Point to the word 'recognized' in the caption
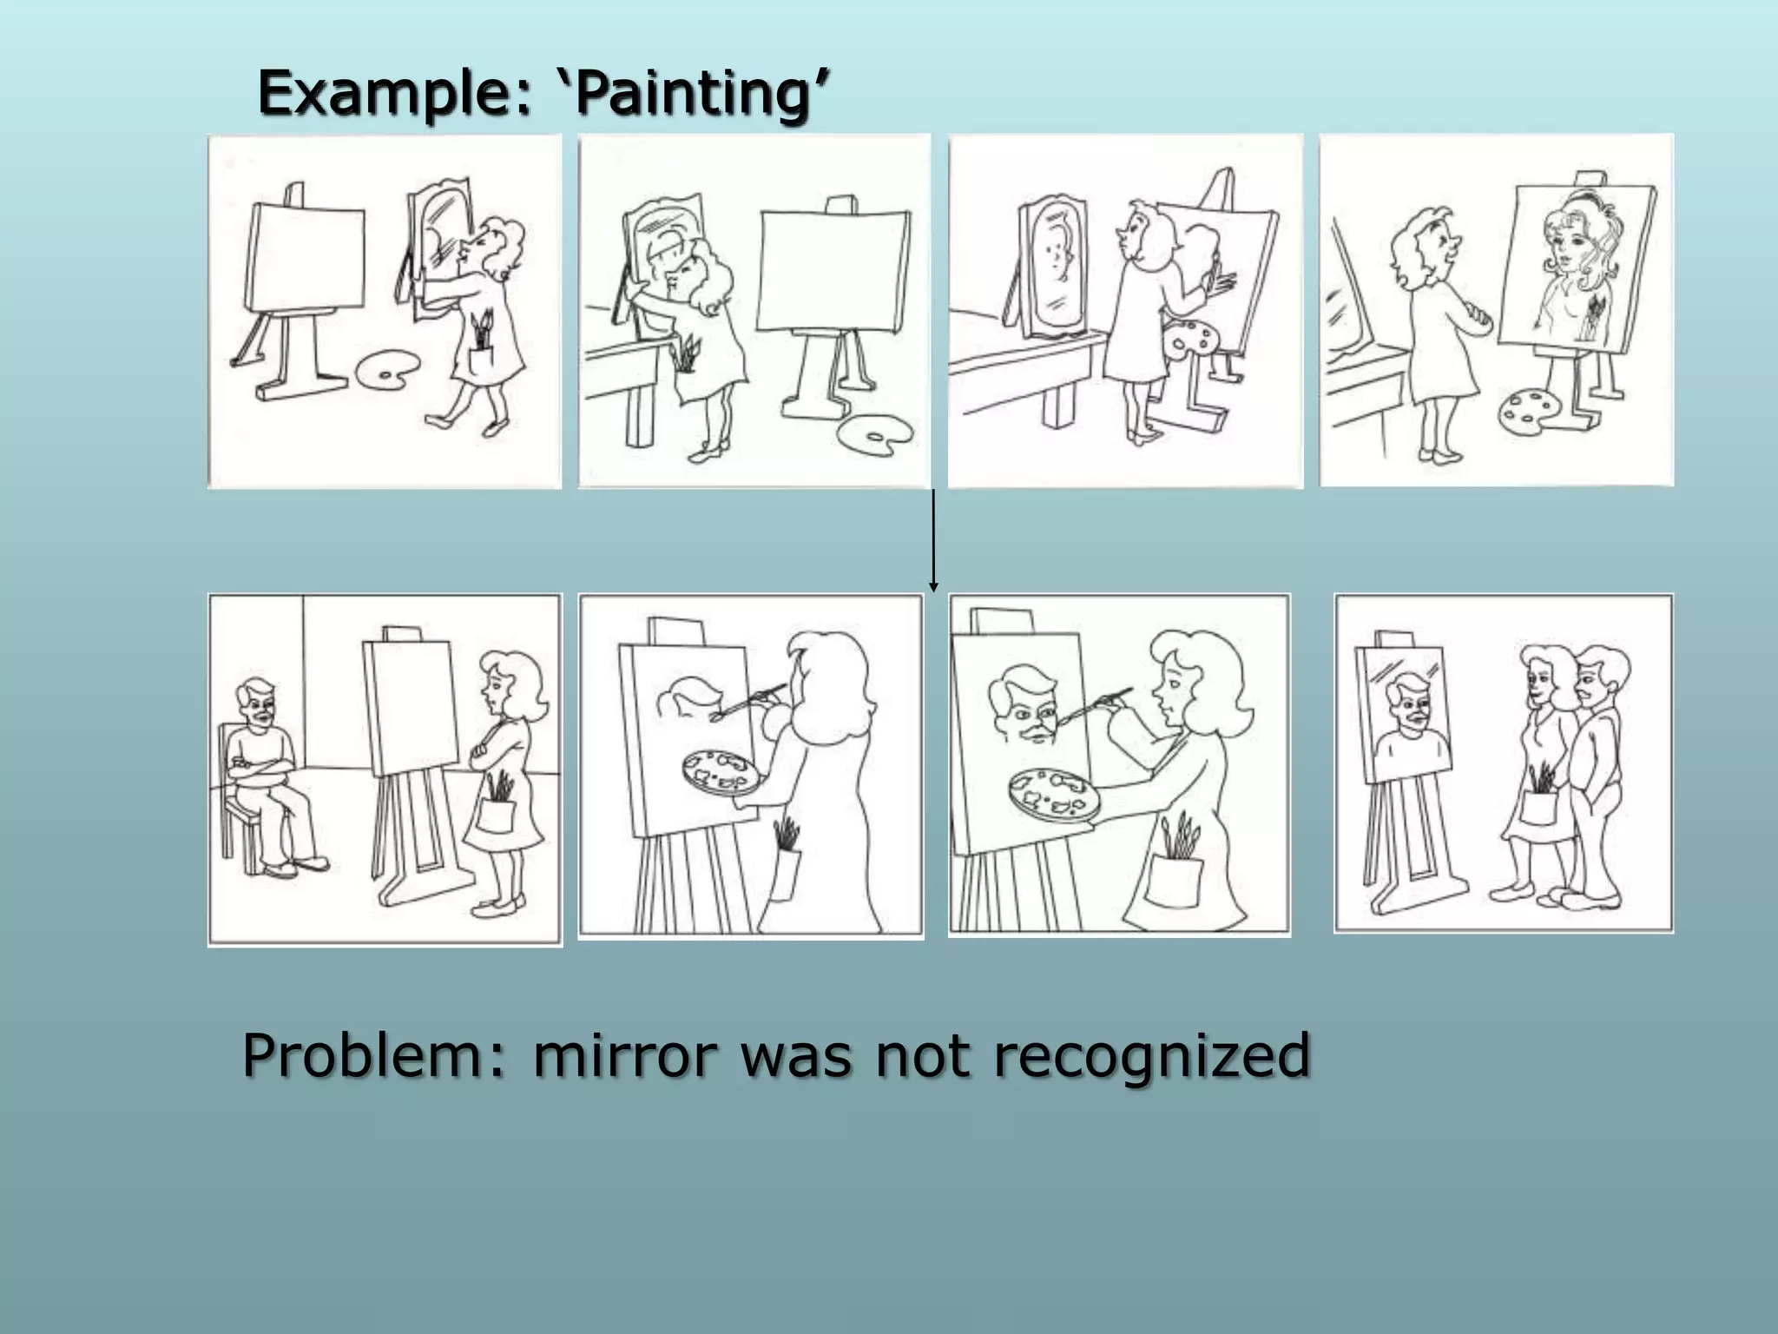click(1151, 1056)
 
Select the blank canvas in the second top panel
click(834, 270)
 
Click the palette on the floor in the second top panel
click(874, 433)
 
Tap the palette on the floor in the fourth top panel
click(1531, 411)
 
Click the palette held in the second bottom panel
click(720, 772)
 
